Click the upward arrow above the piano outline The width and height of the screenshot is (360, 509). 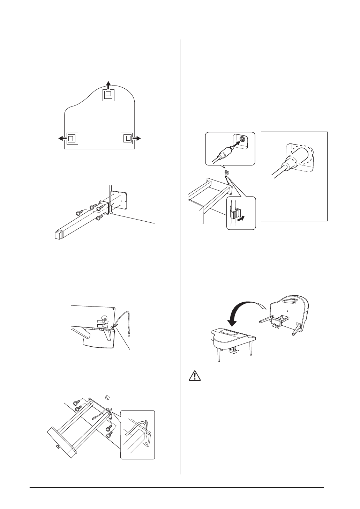coord(108,84)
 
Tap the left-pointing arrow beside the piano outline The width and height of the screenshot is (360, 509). coord(62,138)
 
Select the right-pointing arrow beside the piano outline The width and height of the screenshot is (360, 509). coord(137,138)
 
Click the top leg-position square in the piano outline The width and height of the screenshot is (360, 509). coord(108,94)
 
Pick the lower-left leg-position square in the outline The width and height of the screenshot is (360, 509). coord(71,138)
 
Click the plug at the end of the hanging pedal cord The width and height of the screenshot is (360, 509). coord(129,334)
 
